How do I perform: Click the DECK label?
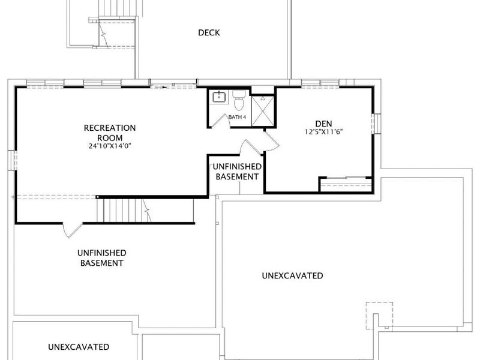tap(209, 32)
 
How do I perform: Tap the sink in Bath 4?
tap(219, 96)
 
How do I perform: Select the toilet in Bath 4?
tap(239, 100)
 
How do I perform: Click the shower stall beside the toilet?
tap(263, 110)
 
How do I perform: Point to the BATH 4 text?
tap(237, 117)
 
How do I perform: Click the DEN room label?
tap(323, 124)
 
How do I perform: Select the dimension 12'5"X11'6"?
tap(323, 132)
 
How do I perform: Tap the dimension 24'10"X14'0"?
tap(110, 146)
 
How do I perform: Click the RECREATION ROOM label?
tap(110, 133)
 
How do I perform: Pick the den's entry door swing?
tap(272, 141)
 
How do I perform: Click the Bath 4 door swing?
tap(220, 121)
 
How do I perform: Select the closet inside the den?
tap(346, 185)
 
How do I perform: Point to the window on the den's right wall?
tap(377, 124)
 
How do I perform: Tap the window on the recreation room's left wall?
tap(12, 160)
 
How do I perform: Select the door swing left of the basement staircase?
tap(72, 230)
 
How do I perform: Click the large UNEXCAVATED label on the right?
tap(292, 275)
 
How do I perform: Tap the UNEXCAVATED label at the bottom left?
tap(79, 347)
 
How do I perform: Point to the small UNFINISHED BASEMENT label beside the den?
tap(237, 172)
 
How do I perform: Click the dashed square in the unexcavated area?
tap(380, 316)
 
